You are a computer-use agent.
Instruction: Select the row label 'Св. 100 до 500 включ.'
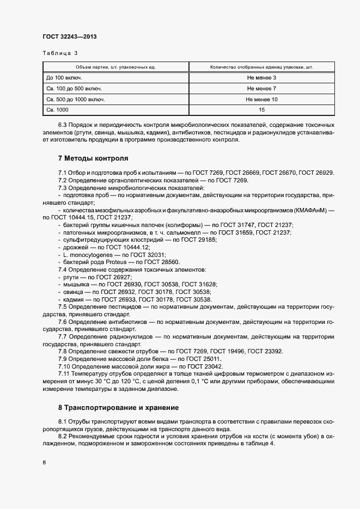pos(74,89)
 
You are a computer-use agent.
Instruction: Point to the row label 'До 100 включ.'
pos(64,78)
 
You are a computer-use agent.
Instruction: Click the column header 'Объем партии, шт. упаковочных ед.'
pos(115,67)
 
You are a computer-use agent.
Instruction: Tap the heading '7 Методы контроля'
pos(93,159)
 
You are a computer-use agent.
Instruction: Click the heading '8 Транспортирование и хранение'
pos(118,407)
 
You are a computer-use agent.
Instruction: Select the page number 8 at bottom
pos(44,462)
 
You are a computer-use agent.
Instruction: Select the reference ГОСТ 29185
pos(198,240)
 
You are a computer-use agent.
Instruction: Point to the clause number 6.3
pos(64,125)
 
